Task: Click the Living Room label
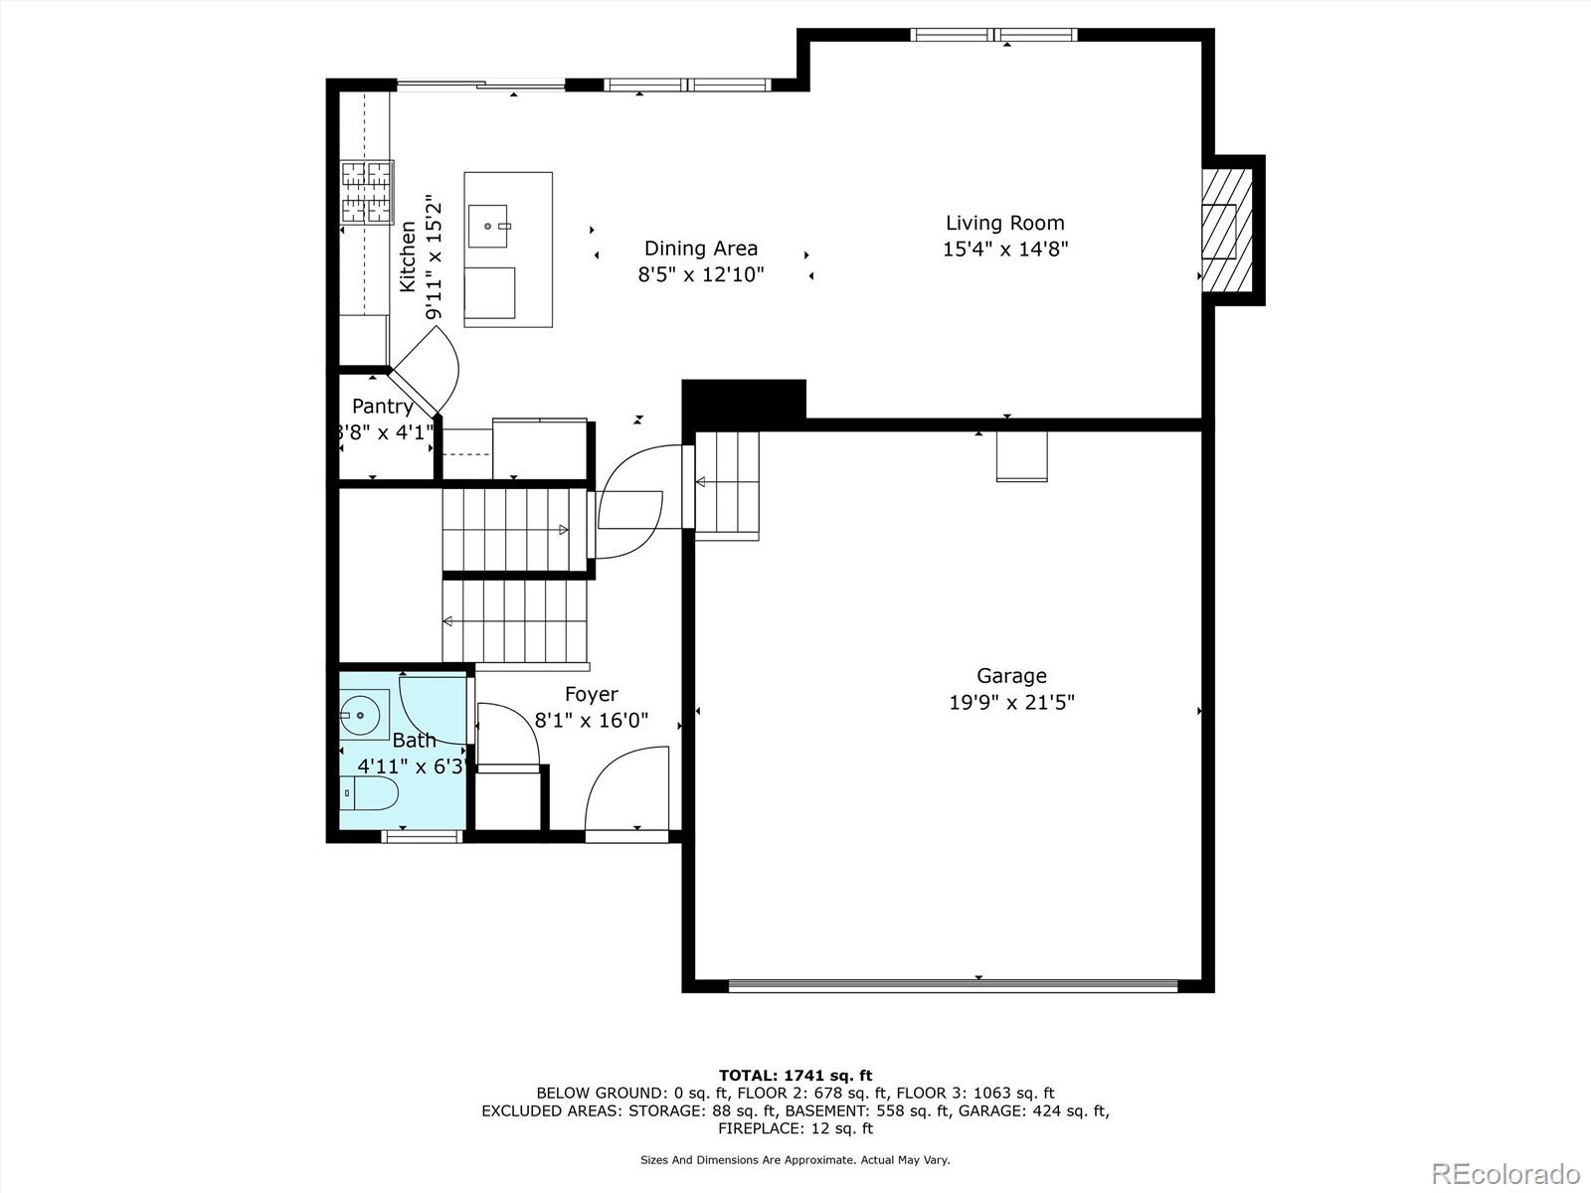coord(1004,224)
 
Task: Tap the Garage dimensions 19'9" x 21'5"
coord(1011,703)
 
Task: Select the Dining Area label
coord(700,249)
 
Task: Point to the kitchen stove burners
coord(367,192)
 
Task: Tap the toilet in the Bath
coord(372,793)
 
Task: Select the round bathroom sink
coord(360,713)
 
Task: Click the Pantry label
coord(382,407)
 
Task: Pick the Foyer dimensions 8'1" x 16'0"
coord(592,720)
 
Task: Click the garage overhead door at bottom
coord(953,986)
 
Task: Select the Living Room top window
coord(994,35)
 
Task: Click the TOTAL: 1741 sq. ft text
coord(795,1075)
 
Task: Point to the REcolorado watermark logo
coord(1505,1172)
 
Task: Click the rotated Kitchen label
coord(408,256)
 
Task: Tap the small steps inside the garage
coord(727,485)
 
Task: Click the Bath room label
coord(414,741)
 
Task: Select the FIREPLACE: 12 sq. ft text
coord(795,1128)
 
